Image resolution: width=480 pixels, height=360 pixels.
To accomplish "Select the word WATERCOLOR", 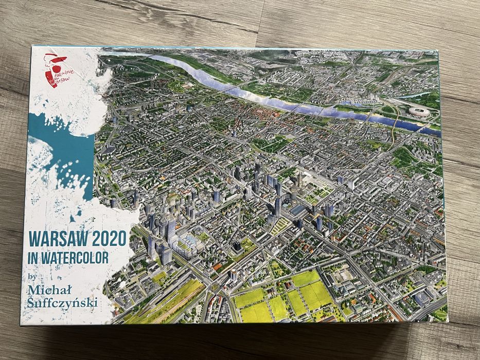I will (77, 257).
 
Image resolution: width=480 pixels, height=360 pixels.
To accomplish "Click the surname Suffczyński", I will (64, 301).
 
